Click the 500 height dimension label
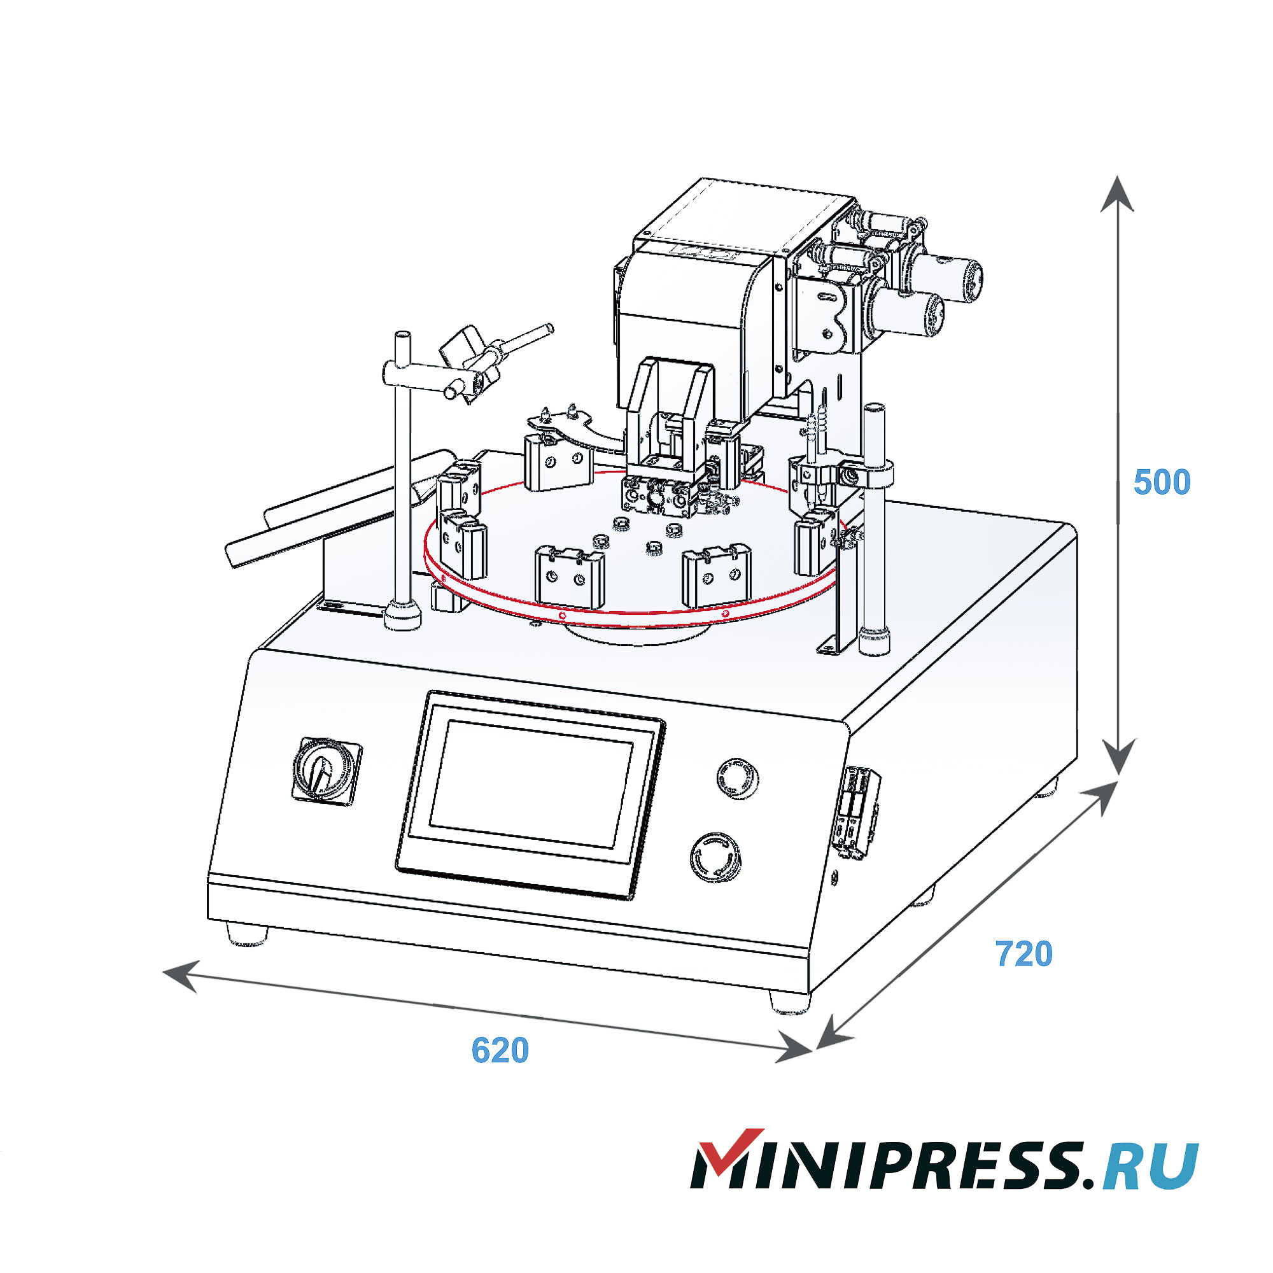pyautogui.click(x=1162, y=482)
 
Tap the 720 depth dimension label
pyautogui.click(x=1023, y=953)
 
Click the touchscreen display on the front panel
pyautogui.click(x=530, y=784)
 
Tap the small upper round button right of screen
pyautogui.click(x=737, y=778)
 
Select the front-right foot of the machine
pyautogui.click(x=790, y=1002)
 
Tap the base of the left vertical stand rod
pyautogui.click(x=402, y=615)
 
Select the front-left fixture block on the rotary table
pyautogui.click(x=569, y=577)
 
